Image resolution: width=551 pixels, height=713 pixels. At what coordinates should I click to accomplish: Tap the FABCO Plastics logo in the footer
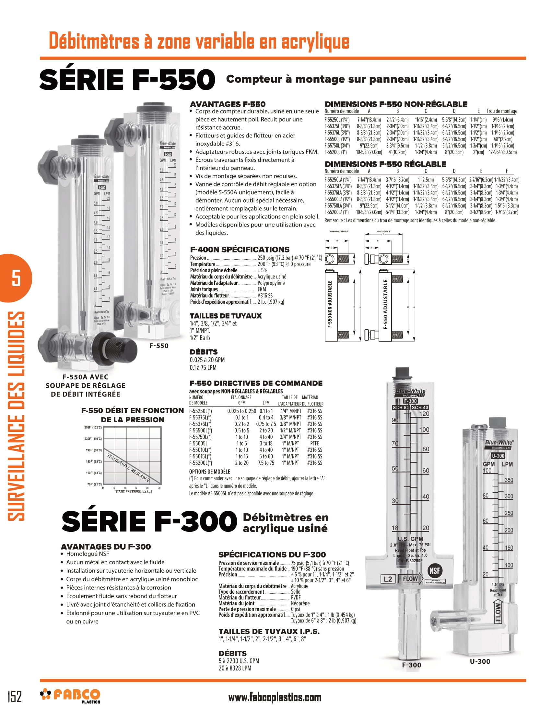click(70, 695)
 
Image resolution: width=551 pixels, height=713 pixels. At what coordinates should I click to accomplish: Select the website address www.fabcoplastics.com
click(275, 697)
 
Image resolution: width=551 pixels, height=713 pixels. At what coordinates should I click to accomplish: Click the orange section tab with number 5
click(16, 278)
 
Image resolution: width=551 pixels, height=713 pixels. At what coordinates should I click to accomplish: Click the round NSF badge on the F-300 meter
click(434, 571)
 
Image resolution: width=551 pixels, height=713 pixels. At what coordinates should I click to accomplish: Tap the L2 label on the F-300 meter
click(388, 579)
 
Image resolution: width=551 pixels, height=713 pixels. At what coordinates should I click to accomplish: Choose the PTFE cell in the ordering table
click(314, 443)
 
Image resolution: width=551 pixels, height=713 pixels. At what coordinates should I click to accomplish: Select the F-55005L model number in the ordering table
click(198, 443)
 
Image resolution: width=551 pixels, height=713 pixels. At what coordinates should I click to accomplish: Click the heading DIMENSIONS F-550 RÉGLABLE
click(385, 164)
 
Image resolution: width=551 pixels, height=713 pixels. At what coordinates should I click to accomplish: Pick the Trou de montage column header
click(502, 111)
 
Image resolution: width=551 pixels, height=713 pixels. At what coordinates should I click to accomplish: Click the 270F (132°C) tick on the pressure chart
click(93, 427)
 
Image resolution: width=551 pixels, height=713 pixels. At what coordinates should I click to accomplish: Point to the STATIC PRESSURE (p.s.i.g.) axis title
click(134, 491)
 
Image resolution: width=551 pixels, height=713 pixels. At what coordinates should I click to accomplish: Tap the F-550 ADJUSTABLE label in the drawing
click(385, 304)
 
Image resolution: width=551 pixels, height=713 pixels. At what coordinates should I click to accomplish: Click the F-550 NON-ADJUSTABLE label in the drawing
click(330, 304)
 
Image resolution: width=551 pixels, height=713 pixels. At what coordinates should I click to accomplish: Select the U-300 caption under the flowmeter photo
click(480, 661)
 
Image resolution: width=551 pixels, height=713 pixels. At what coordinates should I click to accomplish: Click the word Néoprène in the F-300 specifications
click(300, 603)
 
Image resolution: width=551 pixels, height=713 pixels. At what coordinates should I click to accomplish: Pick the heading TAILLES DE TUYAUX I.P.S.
click(269, 631)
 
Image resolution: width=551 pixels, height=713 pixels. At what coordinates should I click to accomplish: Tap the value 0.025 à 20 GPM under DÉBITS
click(207, 360)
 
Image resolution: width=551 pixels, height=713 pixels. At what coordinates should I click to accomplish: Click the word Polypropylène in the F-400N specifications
click(271, 283)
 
